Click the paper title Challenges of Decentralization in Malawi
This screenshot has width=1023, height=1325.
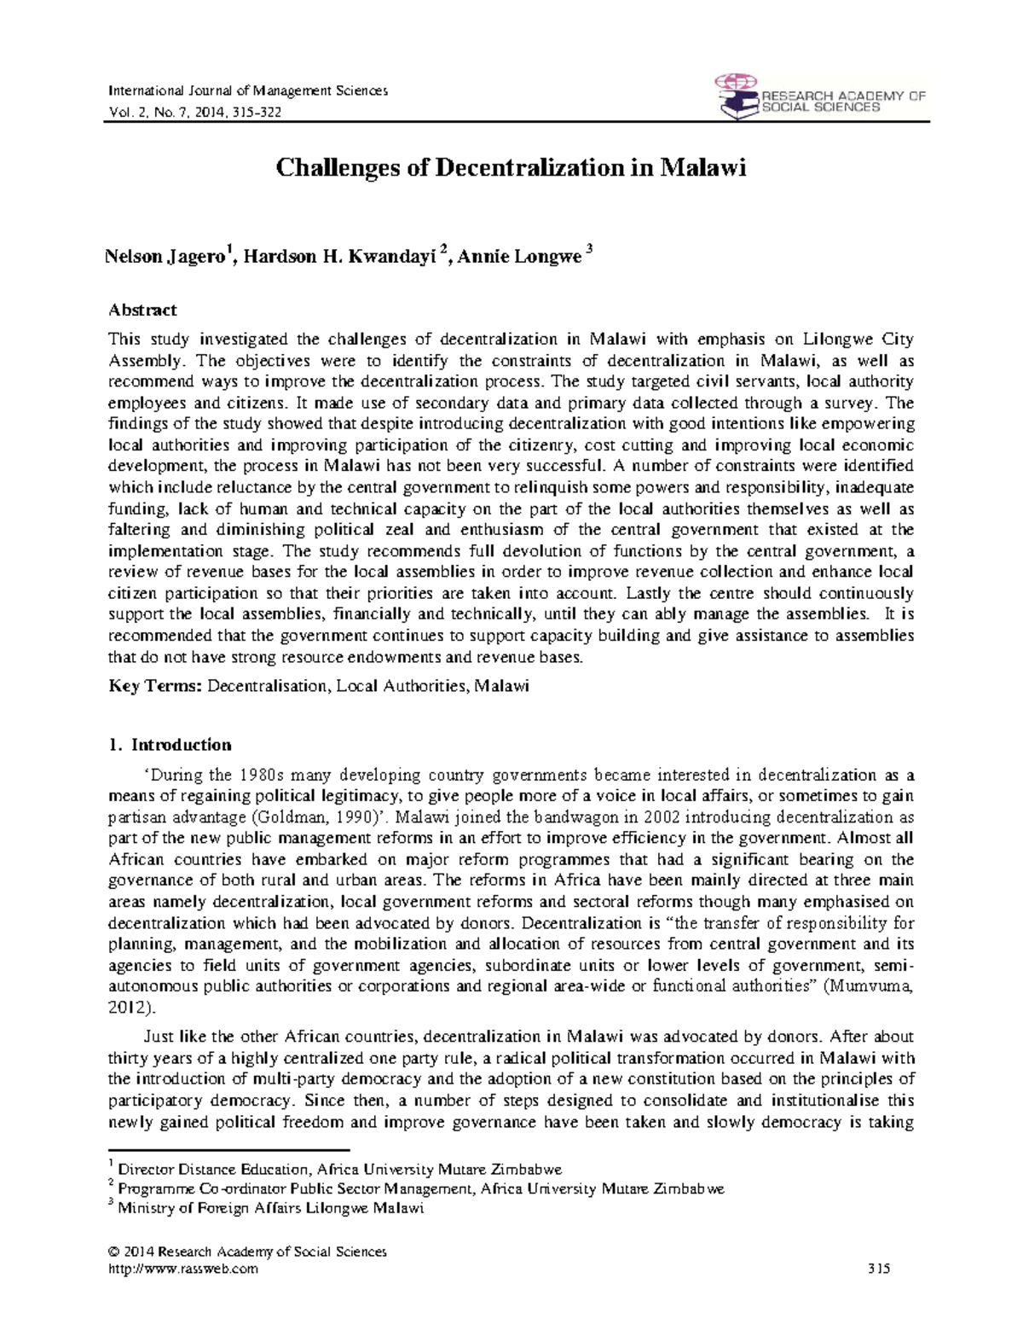[x=511, y=168]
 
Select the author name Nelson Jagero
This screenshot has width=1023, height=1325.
[x=162, y=257]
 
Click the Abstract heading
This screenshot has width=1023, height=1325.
[x=142, y=310]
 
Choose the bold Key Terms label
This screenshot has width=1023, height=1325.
[x=155, y=686]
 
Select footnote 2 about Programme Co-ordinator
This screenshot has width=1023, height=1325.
[x=420, y=1188]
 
